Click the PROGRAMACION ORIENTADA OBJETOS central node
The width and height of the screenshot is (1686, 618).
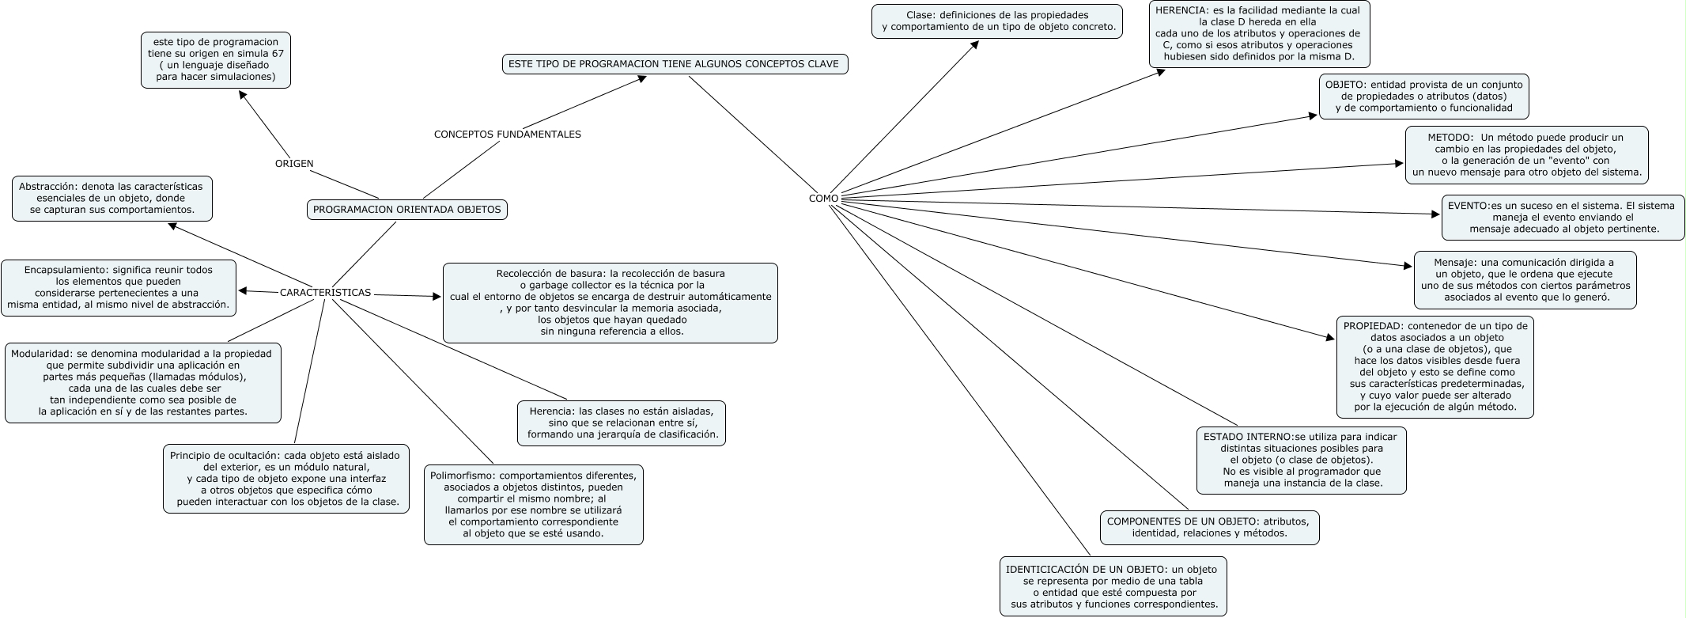(407, 210)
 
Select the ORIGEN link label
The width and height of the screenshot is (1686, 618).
(294, 164)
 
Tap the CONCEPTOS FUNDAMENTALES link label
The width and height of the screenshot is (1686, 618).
(507, 135)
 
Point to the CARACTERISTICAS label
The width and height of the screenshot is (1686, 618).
(325, 293)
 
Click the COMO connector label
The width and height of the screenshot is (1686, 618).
(823, 198)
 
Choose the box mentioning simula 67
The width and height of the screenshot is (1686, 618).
(216, 59)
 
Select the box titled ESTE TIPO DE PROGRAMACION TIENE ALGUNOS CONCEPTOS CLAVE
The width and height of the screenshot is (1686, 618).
(675, 63)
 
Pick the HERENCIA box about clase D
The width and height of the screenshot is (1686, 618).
(1259, 34)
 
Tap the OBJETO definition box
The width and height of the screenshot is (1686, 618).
(1423, 96)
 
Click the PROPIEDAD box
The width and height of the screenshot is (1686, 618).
(1435, 366)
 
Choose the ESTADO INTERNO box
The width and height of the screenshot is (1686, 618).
(1301, 460)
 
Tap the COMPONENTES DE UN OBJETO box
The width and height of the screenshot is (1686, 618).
(1209, 527)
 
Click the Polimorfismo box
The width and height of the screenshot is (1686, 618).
(533, 505)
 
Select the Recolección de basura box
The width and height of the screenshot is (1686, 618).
(610, 303)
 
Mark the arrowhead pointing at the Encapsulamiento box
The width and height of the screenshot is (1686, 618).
(243, 290)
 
